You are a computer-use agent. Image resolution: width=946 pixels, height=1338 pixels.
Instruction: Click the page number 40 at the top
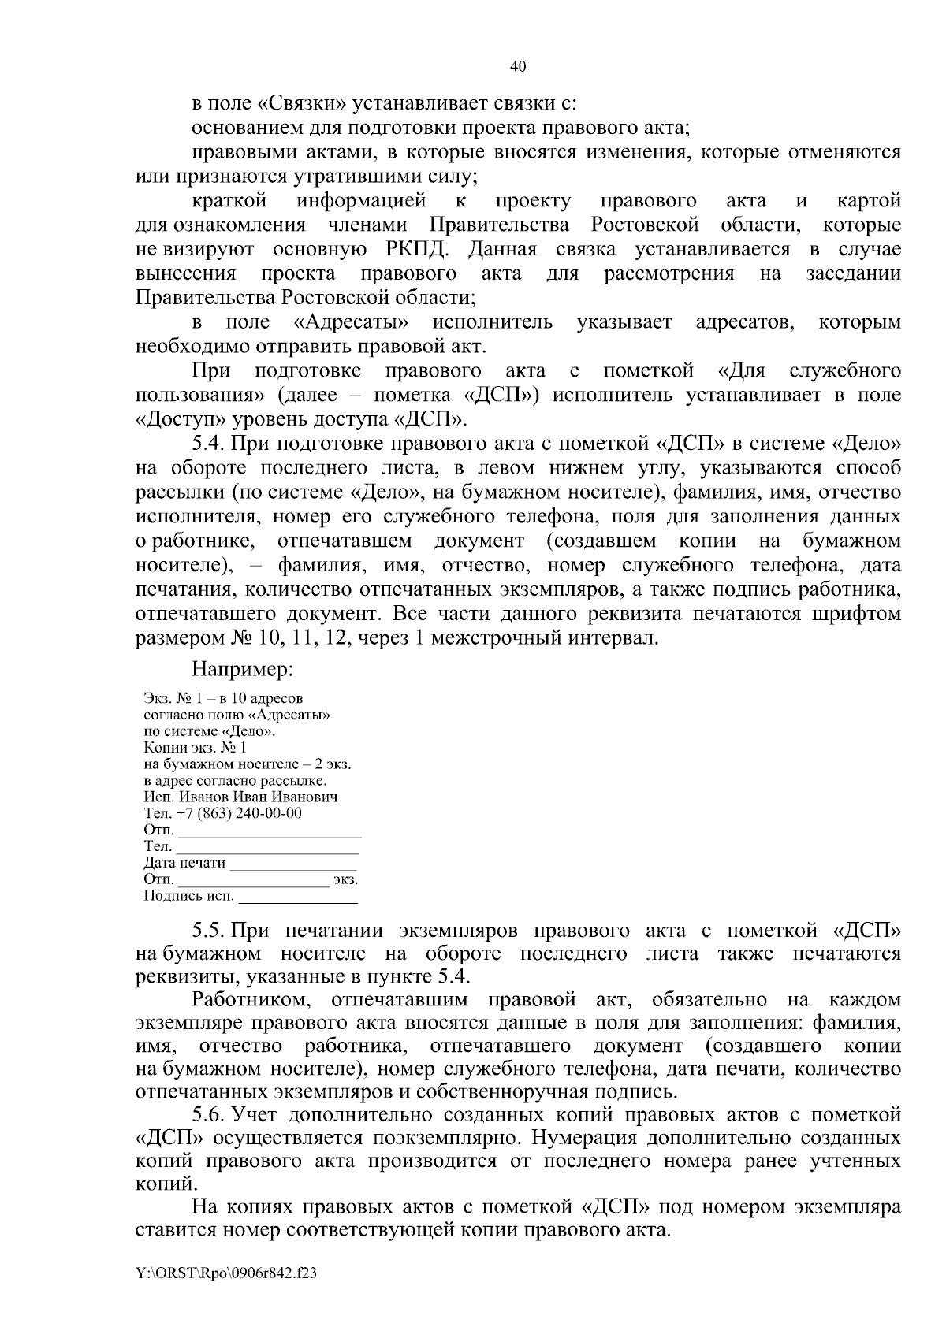pos(518,67)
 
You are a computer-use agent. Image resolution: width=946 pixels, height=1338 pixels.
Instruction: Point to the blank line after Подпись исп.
pos(298,900)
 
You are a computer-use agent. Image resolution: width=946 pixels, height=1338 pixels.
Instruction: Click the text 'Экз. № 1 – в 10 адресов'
pos(223,698)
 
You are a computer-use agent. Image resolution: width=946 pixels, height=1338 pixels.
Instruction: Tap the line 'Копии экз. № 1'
pos(196,748)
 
